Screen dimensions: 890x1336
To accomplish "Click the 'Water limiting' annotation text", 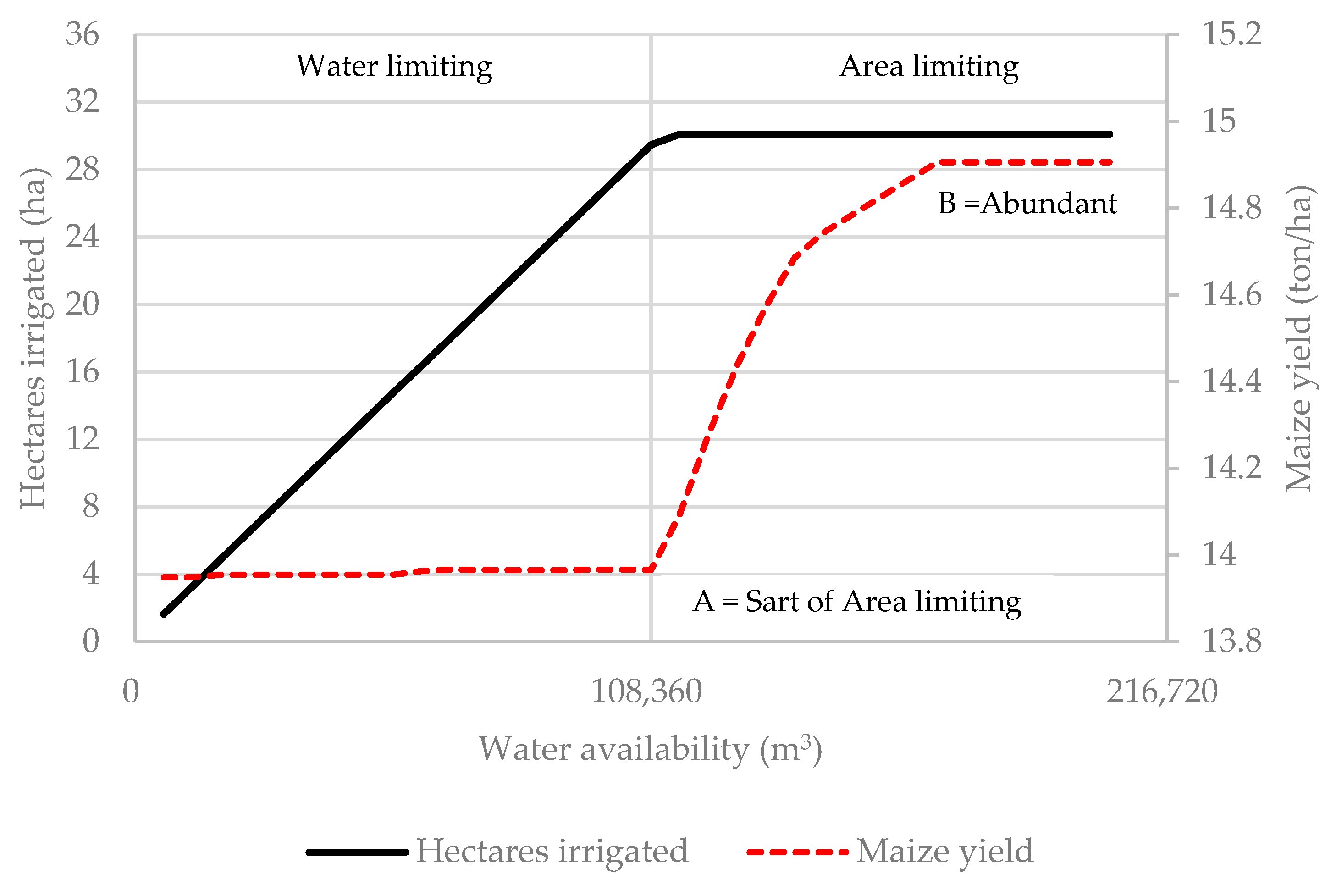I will pos(394,66).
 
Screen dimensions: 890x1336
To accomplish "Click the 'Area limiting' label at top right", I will pos(928,66).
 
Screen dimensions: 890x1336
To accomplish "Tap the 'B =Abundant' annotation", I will pos(1027,204).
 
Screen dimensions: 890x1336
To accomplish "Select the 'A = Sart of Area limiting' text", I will pos(856,602).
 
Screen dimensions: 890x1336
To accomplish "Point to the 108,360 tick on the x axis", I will pos(646,692).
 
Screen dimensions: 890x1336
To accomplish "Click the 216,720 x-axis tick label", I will pos(1162,692).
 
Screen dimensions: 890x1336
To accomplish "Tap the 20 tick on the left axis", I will pos(82,305).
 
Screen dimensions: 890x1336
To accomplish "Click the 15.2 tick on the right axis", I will pos(1231,34).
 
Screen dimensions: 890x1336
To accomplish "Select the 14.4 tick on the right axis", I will pos(1231,381).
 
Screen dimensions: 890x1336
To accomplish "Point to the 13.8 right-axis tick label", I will pos(1231,641).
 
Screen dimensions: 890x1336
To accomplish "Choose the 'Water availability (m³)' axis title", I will pos(650,749).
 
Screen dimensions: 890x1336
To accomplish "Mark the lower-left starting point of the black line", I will pos(164,614).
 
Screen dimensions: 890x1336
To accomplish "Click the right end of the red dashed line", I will pos(1110,162).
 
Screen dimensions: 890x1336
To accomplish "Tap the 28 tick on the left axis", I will pos(82,170).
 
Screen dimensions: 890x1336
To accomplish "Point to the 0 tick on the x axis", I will pos(131,692).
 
